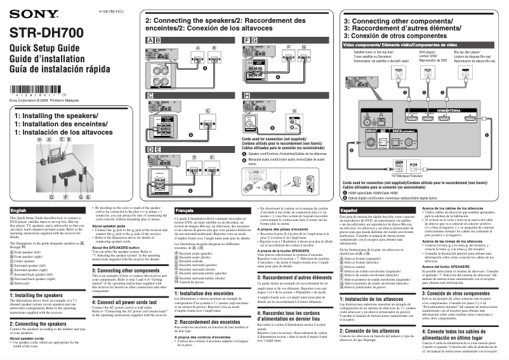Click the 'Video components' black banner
coord(419,46)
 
